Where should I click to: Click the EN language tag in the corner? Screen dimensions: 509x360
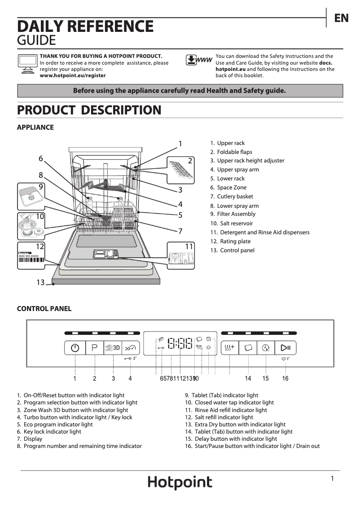point(341,18)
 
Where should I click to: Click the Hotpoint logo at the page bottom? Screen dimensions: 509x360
point(180,483)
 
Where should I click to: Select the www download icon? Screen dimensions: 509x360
point(198,61)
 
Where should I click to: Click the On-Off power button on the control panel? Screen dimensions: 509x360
point(75,348)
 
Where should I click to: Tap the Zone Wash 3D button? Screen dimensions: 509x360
point(113,348)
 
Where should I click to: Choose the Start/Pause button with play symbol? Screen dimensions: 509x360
point(285,348)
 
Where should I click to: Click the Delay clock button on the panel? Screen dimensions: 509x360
point(266,348)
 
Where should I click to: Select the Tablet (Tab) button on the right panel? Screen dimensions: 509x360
point(248,348)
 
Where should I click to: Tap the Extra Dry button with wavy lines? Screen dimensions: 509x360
point(229,348)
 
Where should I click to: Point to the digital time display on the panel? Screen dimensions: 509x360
point(180,345)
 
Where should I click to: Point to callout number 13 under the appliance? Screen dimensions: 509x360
point(40,282)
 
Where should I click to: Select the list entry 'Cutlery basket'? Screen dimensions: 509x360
point(235,197)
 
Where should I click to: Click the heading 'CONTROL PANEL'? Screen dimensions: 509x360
point(44,309)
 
